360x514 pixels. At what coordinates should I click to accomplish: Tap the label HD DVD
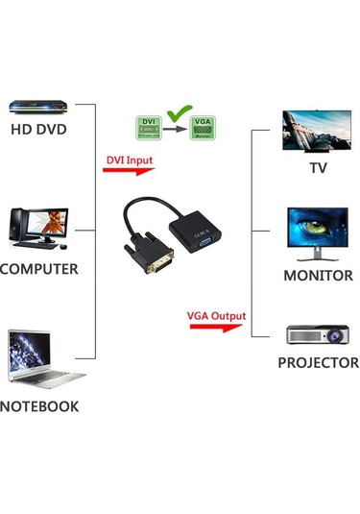click(38, 129)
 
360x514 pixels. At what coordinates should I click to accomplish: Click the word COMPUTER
click(39, 269)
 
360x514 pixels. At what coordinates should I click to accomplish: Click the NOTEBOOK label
click(39, 406)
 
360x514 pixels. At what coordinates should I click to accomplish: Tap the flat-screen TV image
click(317, 132)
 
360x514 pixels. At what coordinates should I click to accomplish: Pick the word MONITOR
click(318, 276)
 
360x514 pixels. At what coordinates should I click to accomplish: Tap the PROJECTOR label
click(318, 363)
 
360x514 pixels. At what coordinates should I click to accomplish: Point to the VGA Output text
click(216, 315)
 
